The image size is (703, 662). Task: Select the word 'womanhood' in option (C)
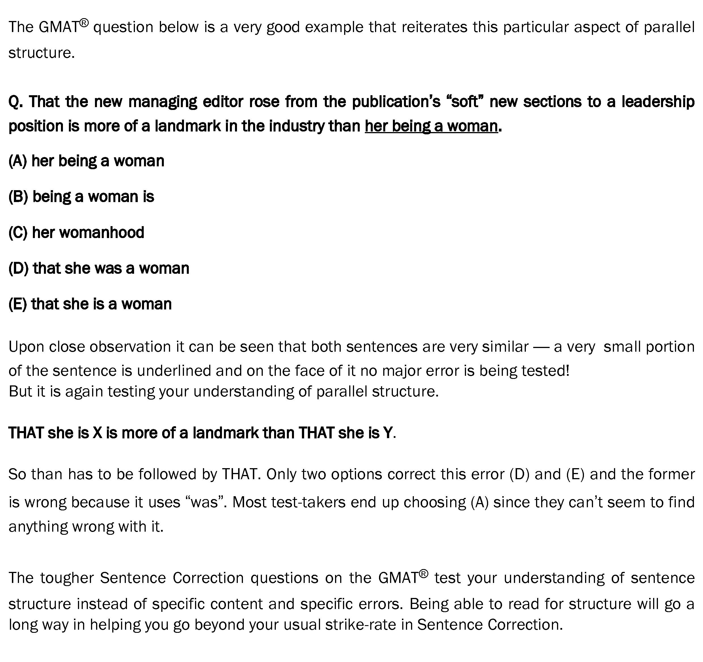pos(102,233)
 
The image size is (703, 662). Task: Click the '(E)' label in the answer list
pos(18,304)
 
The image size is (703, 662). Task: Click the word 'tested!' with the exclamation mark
pos(545,371)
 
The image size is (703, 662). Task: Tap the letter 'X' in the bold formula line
pos(97,433)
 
